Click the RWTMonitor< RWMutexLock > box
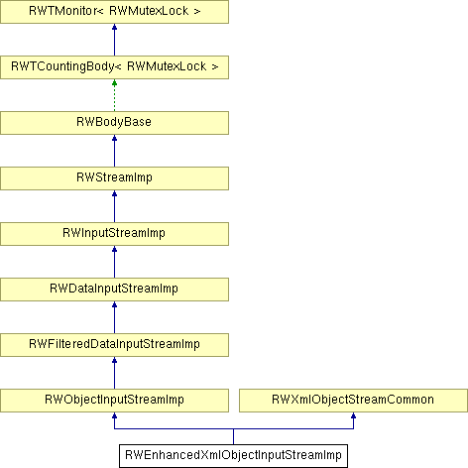click(114, 12)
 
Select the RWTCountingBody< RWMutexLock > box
click(114, 67)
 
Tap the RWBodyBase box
click(114, 123)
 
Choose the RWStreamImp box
click(114, 178)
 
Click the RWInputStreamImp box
click(114, 234)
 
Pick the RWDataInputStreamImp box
click(114, 290)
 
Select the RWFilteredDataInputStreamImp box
click(114, 345)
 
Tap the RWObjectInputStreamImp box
click(114, 401)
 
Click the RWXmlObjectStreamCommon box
click(353, 401)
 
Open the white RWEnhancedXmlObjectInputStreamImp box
click(233, 456)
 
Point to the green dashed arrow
click(114, 95)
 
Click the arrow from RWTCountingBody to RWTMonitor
click(114, 40)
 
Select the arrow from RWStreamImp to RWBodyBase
click(114, 151)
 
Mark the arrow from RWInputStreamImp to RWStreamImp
click(114, 206)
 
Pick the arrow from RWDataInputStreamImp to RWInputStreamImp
click(114, 262)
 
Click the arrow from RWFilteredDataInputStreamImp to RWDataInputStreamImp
click(114, 317)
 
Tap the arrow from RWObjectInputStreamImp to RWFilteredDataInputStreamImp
click(114, 373)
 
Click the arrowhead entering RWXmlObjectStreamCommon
click(353, 415)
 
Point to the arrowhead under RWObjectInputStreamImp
click(114, 415)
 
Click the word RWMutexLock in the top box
click(149, 11)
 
